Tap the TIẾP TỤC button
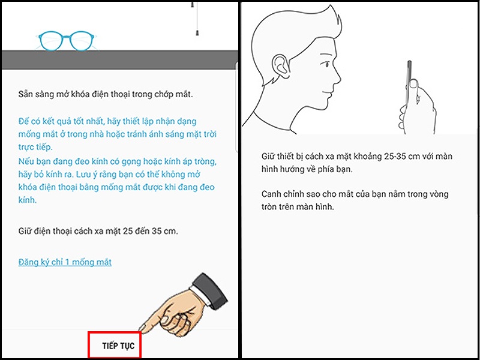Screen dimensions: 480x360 [x=118, y=346]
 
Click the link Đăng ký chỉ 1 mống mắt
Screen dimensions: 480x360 [x=65, y=262]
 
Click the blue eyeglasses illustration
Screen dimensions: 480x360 [x=67, y=41]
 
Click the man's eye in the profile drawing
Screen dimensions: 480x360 [x=326, y=65]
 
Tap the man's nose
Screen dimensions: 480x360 [x=337, y=77]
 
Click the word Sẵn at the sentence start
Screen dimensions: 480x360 [x=25, y=94]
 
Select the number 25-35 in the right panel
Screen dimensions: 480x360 [x=396, y=157]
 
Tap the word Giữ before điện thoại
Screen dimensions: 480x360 [x=25, y=230]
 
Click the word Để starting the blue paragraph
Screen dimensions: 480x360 [x=23, y=121]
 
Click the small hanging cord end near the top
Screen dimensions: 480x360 [x=196, y=33]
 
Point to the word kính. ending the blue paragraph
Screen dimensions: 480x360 [x=27, y=200]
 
